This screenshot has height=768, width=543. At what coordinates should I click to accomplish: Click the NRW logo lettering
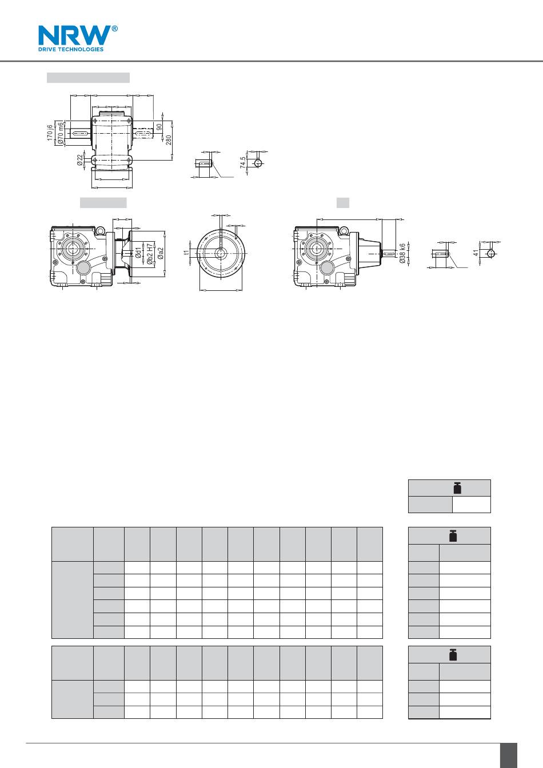75,35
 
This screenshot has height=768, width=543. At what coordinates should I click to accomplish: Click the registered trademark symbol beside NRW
114,29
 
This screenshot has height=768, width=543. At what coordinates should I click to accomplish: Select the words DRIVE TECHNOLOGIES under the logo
71,49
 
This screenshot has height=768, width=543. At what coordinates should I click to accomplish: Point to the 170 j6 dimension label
50,133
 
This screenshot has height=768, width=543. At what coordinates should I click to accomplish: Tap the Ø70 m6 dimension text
61,133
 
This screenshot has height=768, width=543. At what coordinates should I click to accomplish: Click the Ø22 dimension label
80,160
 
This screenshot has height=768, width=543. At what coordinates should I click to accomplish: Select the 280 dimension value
169,140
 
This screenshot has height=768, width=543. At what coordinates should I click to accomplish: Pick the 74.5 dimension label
243,162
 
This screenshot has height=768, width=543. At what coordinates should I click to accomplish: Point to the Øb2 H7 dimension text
150,254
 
